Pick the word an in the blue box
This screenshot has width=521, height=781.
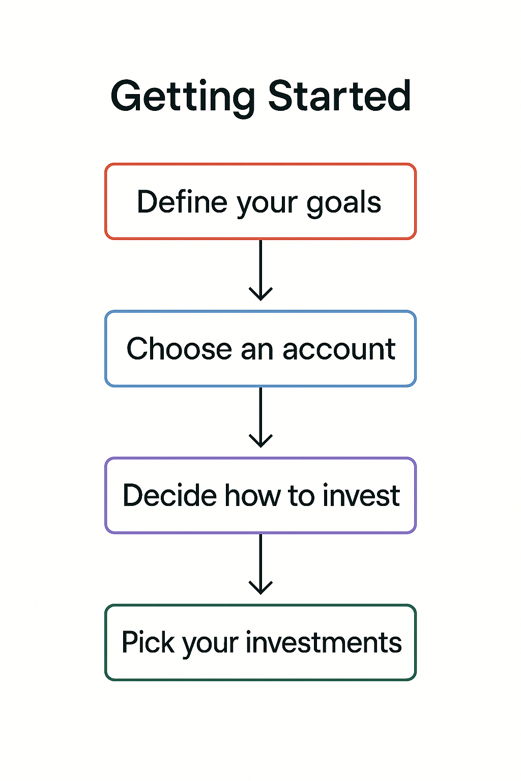257,350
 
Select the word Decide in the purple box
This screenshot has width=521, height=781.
170,495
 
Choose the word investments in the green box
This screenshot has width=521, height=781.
324,643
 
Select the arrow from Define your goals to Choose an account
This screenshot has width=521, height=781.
260,269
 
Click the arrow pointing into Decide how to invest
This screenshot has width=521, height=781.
260,417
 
